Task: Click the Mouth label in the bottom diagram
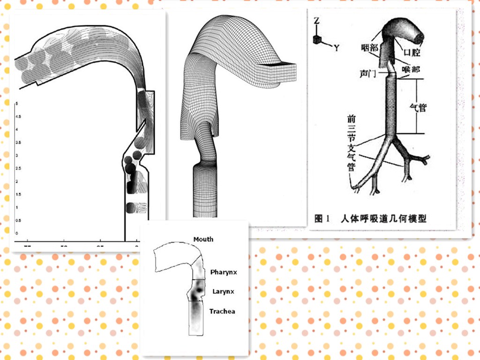[x=203, y=240]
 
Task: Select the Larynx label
[x=223, y=292]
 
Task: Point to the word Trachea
[x=222, y=311]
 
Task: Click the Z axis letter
[x=317, y=21]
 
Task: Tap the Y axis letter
[x=337, y=47]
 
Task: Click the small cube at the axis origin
[x=318, y=40]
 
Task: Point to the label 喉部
[x=411, y=68]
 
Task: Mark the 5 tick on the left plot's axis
[x=17, y=103]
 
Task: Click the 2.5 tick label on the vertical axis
[x=18, y=168]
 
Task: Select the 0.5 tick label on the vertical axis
[x=18, y=220]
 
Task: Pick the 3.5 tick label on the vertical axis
[x=18, y=142]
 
